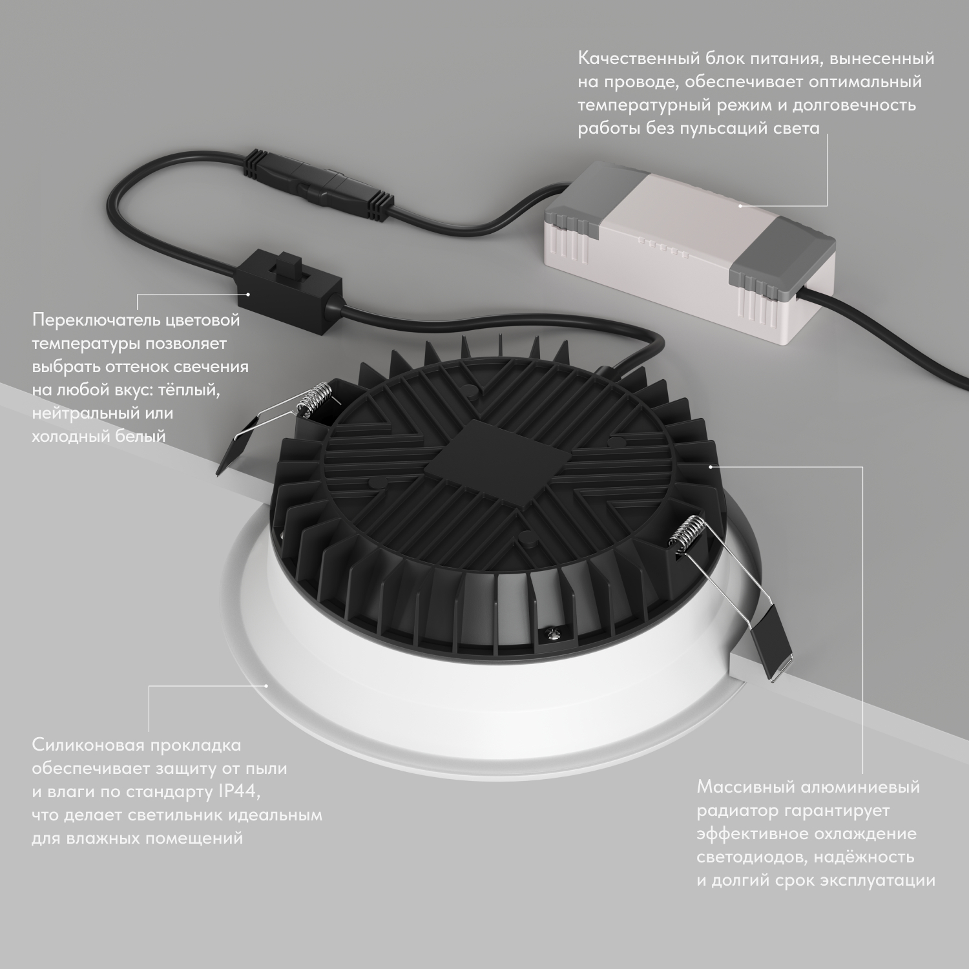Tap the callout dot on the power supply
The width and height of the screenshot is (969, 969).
[x=740, y=206]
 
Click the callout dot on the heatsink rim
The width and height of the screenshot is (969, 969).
[x=710, y=465]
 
